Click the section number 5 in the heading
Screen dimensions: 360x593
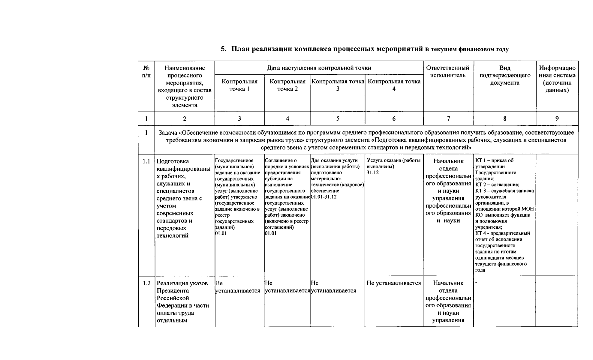(x=223, y=49)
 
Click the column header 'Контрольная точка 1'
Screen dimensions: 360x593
(x=239, y=85)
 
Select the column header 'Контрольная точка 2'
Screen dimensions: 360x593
(x=287, y=85)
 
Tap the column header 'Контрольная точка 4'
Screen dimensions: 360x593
(x=394, y=85)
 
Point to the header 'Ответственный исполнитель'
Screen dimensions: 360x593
(x=448, y=71)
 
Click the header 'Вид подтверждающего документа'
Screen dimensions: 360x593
(x=505, y=75)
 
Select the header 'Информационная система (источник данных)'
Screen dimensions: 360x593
(x=557, y=79)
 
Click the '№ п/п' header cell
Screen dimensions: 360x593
(x=146, y=71)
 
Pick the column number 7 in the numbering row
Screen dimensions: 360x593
(x=448, y=119)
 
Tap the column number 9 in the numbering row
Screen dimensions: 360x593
(x=557, y=119)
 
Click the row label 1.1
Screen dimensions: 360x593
(x=146, y=161)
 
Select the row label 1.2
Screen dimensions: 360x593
(x=146, y=283)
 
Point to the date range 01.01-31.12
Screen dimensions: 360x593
(x=324, y=197)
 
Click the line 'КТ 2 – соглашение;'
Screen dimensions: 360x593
(x=497, y=185)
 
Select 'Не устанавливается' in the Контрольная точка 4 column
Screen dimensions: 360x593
(x=394, y=283)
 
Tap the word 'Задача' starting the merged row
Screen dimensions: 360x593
(x=168, y=133)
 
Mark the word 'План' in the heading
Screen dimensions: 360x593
(x=241, y=49)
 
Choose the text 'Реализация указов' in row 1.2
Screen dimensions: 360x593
(x=182, y=283)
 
